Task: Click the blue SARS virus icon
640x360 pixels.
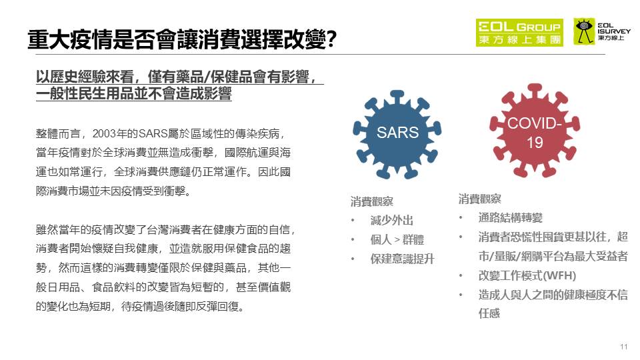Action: coord(397,135)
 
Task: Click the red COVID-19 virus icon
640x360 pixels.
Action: coord(535,131)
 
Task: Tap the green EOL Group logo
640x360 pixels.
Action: coord(519,32)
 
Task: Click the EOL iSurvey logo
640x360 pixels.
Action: coord(602,31)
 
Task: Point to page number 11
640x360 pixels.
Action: coord(624,347)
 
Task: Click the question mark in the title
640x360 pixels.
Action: coord(331,39)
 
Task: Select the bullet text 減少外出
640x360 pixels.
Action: coord(392,221)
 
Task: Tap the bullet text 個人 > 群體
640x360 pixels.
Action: coord(397,239)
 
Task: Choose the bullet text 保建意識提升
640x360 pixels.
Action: coord(403,259)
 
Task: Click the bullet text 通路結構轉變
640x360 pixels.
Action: coord(510,217)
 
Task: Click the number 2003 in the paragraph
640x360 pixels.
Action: coord(105,133)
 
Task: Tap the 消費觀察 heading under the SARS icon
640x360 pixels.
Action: coord(372,201)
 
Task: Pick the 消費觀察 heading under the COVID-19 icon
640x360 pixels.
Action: coord(479,199)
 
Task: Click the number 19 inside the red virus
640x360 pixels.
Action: coord(535,143)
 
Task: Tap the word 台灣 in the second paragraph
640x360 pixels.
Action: coord(157,230)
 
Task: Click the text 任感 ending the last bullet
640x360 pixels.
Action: coord(489,313)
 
